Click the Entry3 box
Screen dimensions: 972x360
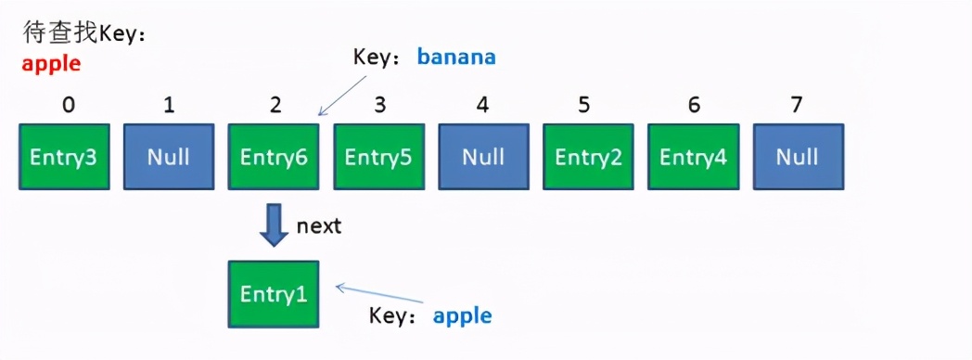pyautogui.click(x=65, y=157)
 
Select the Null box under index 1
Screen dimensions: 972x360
pyautogui.click(x=169, y=157)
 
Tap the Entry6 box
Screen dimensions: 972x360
pyautogui.click(x=274, y=157)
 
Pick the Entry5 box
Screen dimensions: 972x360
pyautogui.click(x=378, y=157)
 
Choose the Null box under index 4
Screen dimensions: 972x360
pyautogui.click(x=484, y=157)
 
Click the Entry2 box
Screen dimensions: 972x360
pyautogui.click(x=589, y=157)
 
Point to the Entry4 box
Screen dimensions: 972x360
pyautogui.click(x=694, y=157)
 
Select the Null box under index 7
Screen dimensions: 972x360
pyautogui.click(x=799, y=157)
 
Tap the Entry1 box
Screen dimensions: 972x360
pyautogui.click(x=274, y=294)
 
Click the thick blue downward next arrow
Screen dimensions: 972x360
pyautogui.click(x=274, y=226)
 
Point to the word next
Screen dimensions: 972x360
pyautogui.click(x=319, y=226)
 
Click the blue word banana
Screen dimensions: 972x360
pyautogui.click(x=456, y=57)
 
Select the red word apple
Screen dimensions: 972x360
pyautogui.click(x=52, y=64)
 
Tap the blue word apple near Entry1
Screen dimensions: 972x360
pyautogui.click(x=463, y=316)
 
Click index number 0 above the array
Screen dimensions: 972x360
pyautogui.click(x=69, y=106)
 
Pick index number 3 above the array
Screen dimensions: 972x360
pyautogui.click(x=380, y=106)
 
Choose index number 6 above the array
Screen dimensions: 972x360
pyautogui.click(x=694, y=106)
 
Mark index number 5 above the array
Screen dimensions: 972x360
pyautogui.click(x=583, y=106)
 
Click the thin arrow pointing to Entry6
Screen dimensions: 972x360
pyautogui.click(x=343, y=96)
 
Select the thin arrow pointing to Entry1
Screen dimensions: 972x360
pyautogui.click(x=378, y=294)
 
